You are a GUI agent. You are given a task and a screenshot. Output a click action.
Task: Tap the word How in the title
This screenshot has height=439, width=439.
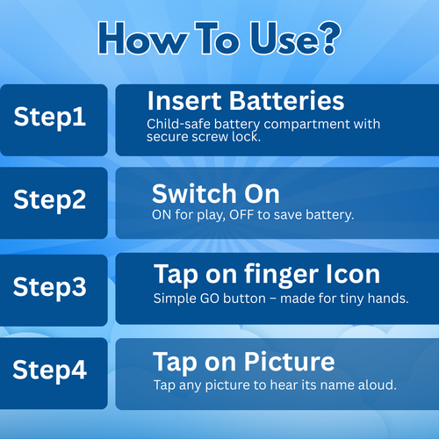142,38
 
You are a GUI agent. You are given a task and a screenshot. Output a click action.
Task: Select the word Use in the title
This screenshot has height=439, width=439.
280,38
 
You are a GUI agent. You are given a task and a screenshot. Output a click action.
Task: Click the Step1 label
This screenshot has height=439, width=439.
50,118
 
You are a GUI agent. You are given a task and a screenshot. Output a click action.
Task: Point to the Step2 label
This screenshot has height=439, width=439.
50,200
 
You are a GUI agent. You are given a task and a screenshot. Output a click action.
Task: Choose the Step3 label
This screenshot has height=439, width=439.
50,288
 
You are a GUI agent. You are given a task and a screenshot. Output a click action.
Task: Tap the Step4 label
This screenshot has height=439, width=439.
50,371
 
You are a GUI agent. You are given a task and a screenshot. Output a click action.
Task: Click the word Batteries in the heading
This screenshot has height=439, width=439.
286,101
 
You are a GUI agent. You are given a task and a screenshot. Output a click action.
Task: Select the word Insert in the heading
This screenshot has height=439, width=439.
184,101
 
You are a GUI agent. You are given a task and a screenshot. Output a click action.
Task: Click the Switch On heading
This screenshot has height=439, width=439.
216,193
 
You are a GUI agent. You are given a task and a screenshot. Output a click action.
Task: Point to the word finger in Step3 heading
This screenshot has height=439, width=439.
281,276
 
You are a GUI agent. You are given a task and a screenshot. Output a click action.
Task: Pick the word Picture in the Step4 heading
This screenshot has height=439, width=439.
289,362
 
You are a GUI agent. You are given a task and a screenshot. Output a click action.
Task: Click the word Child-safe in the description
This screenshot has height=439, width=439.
178,124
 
